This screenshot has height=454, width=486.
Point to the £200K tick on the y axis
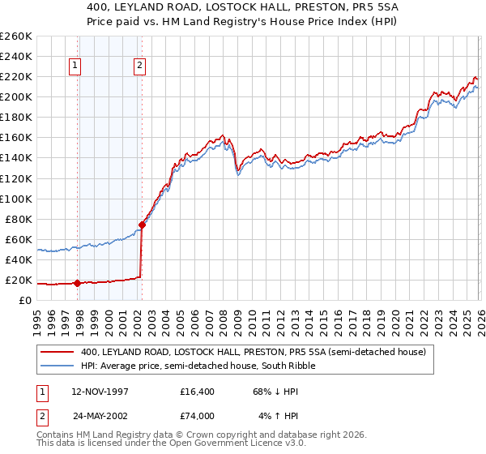click(16, 97)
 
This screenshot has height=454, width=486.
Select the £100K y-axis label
click(16, 199)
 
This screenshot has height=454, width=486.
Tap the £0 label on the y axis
click(24, 301)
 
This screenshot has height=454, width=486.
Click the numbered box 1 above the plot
click(75, 66)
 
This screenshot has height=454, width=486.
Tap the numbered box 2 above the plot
click(139, 66)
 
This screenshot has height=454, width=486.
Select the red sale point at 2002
click(142, 225)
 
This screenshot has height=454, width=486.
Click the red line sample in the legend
click(58, 353)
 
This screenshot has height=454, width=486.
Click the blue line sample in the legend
click(58, 366)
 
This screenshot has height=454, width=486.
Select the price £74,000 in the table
click(198, 416)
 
